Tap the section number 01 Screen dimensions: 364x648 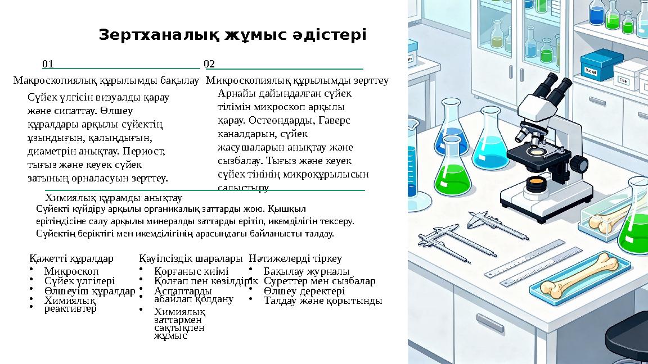48,64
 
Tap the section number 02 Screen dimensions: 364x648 209,64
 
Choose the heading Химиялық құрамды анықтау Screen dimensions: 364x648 113,198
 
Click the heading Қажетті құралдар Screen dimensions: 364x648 71,259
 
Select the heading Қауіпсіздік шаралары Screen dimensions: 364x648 191,259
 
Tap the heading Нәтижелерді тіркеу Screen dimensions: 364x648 295,259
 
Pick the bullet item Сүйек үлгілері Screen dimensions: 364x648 79,281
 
